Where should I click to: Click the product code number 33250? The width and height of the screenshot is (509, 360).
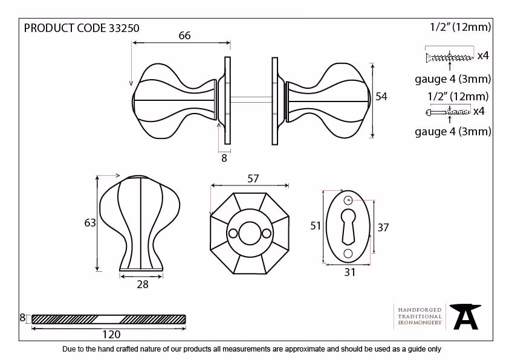tap(124, 28)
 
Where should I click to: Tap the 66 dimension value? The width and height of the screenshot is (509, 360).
tap(184, 36)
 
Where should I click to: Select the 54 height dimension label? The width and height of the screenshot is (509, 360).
tap(381, 97)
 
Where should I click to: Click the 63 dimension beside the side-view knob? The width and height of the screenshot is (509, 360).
tap(90, 223)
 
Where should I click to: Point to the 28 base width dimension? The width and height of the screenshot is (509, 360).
tap(143, 284)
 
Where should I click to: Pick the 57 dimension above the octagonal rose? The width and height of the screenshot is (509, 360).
tap(253, 179)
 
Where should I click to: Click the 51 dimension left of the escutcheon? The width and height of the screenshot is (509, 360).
tap(315, 226)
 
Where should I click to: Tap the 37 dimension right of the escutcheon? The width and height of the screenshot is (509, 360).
tap(383, 228)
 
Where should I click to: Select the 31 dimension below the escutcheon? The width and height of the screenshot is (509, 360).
tap(349, 272)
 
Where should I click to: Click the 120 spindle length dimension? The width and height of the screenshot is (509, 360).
tap(111, 335)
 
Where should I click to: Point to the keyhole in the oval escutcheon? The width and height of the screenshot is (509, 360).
tap(348, 227)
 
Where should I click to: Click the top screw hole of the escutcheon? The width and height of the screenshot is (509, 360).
tap(348, 201)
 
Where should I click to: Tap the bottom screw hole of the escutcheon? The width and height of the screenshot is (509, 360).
tap(348, 253)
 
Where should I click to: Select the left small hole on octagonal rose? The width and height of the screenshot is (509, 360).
tap(233, 234)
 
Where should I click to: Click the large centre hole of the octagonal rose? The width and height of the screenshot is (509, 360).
tap(250, 234)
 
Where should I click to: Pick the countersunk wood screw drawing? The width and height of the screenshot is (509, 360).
tap(449, 58)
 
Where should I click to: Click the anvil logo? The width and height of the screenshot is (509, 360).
tap(465, 317)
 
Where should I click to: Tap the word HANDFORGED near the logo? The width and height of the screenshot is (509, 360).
tap(420, 310)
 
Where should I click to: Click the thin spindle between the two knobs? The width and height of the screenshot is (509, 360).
tap(251, 100)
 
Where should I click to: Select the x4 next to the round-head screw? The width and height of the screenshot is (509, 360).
tap(479, 111)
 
